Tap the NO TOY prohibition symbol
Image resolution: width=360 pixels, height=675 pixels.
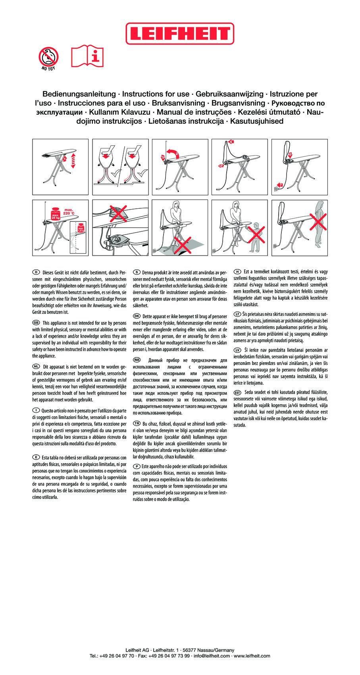(48, 58)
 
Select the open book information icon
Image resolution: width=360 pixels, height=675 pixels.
(87, 56)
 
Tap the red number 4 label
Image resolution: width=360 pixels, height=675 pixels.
(231, 142)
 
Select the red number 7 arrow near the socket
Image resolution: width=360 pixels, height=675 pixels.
(280, 185)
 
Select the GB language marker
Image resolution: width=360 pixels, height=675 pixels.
(36, 323)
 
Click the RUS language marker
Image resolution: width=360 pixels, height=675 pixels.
(137, 360)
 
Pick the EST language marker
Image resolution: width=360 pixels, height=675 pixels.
(238, 392)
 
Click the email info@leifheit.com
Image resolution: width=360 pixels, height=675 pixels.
(212, 656)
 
